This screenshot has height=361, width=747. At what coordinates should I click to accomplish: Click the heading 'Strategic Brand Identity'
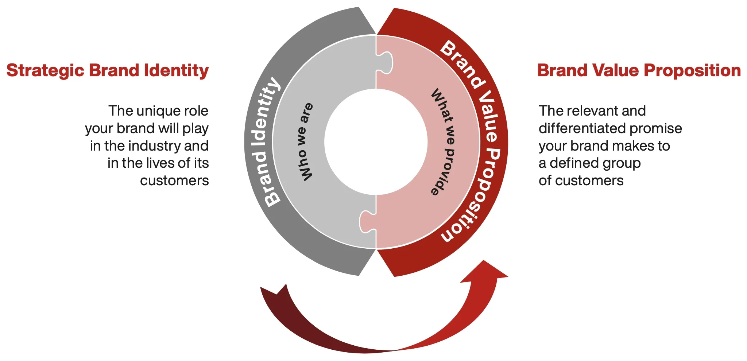tap(108, 71)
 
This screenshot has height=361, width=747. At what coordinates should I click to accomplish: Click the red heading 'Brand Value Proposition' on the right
tap(639, 71)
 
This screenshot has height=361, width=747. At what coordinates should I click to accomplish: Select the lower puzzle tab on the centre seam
tap(367, 221)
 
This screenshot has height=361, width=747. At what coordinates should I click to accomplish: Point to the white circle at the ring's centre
tap(376, 142)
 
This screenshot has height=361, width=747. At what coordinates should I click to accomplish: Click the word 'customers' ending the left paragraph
tap(174, 181)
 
